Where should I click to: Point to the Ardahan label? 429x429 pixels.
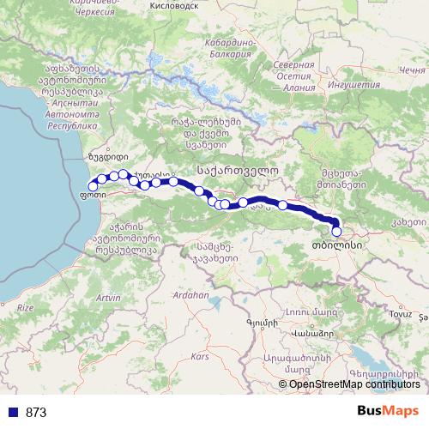coord(190,294)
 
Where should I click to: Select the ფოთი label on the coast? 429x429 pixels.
coord(91,195)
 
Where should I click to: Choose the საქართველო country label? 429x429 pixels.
coord(238,169)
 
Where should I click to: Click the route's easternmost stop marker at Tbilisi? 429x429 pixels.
coord(336,231)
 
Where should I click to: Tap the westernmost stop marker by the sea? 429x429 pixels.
coord(93,186)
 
